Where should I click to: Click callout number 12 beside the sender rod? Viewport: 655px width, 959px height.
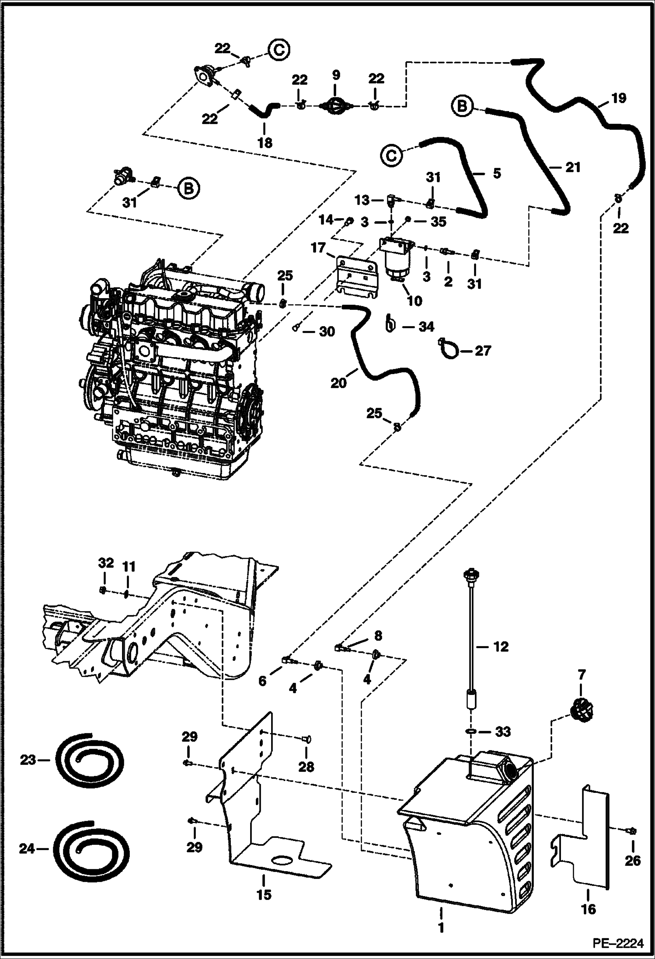(x=500, y=646)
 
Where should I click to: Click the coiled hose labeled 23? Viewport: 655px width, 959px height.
(x=90, y=760)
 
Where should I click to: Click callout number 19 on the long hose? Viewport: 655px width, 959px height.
(x=618, y=98)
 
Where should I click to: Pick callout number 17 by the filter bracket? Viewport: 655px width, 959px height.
(x=318, y=248)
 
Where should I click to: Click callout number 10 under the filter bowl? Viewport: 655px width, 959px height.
(x=415, y=300)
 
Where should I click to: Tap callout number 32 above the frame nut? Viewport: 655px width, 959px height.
(x=106, y=563)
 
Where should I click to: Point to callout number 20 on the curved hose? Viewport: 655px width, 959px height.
(x=338, y=383)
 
